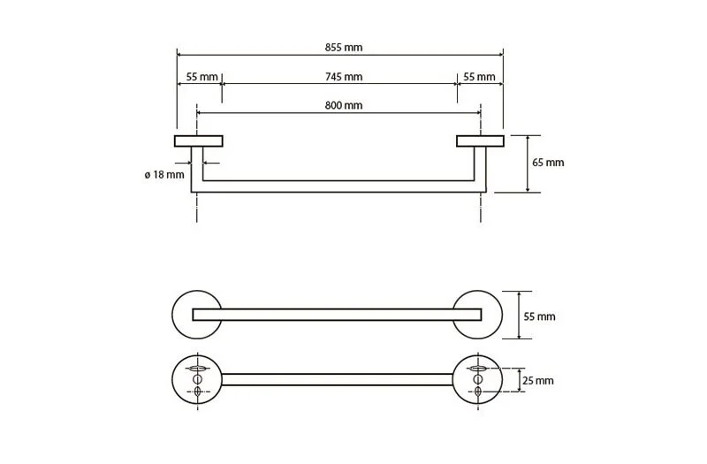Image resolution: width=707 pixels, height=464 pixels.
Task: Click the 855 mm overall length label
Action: (x=344, y=48)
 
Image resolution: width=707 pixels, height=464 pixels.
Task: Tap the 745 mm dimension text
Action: (x=344, y=77)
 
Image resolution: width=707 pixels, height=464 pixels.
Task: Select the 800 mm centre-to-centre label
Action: (x=344, y=105)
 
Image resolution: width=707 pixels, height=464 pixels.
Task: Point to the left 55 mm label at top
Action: (x=202, y=77)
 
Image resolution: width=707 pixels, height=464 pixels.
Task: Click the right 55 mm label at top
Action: (x=479, y=77)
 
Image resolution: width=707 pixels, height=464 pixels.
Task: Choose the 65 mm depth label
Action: (x=548, y=163)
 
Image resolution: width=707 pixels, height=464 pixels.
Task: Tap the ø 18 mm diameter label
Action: (x=164, y=174)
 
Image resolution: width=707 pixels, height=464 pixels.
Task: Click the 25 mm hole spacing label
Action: (x=538, y=381)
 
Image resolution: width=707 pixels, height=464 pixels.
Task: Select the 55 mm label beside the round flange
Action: (x=539, y=316)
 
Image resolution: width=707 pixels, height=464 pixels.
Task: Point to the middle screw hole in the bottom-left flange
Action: (x=197, y=379)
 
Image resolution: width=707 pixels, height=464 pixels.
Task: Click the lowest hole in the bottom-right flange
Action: (x=478, y=392)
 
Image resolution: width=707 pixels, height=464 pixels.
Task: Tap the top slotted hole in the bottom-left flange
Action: (x=197, y=368)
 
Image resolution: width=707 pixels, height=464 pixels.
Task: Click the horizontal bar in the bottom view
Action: (x=338, y=380)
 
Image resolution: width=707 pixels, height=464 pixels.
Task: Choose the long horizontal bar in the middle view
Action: (x=338, y=315)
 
